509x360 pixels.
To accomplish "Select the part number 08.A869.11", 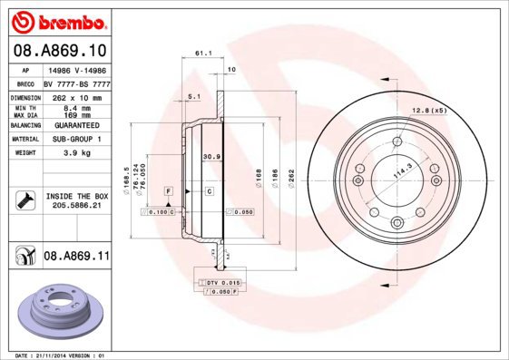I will pyautogui.click(x=76, y=257).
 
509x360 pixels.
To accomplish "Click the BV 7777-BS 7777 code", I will pyautogui.click(x=77, y=83).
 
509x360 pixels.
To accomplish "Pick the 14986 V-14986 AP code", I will pyautogui.click(x=77, y=69).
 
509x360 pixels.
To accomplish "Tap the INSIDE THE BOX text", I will pyautogui.click(x=77, y=196).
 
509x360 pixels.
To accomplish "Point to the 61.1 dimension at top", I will pyautogui.click(x=203, y=54).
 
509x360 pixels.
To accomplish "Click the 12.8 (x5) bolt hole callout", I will pyautogui.click(x=430, y=111).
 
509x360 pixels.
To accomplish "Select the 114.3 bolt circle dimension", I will pyautogui.click(x=401, y=169).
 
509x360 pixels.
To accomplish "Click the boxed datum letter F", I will pyautogui.click(x=169, y=191).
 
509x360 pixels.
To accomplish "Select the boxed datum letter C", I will pyautogui.click(x=208, y=191).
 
